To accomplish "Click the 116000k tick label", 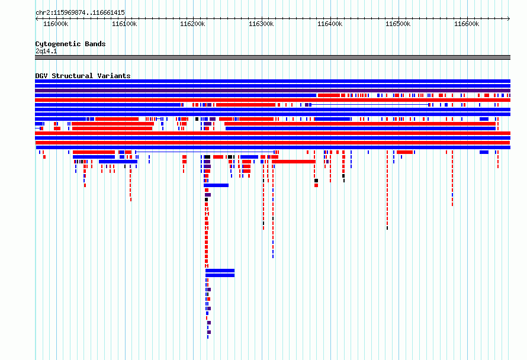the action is (x=56, y=24).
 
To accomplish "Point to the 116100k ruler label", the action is (x=124, y=24).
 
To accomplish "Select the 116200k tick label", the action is (x=192, y=24).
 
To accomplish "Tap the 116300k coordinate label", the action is (x=261, y=24).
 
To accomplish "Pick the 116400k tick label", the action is (x=330, y=24).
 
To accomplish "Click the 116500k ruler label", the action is (x=398, y=24).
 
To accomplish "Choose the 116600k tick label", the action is (x=467, y=24).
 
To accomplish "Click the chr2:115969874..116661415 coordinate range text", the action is (x=80, y=13).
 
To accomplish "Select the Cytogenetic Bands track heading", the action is (x=70, y=44).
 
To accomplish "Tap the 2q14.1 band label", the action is (x=46, y=51).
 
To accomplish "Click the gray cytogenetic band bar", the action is (x=272, y=57).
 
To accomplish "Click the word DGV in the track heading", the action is (x=41, y=76).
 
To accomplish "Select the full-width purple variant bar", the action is (x=272, y=91).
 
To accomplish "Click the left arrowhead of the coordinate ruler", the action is (x=36, y=18).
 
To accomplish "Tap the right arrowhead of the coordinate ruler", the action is (x=509, y=18).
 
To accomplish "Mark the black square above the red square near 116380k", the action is (x=316, y=181).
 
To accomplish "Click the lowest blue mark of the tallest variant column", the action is (x=208, y=337).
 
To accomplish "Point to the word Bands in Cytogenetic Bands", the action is (x=95, y=44).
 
